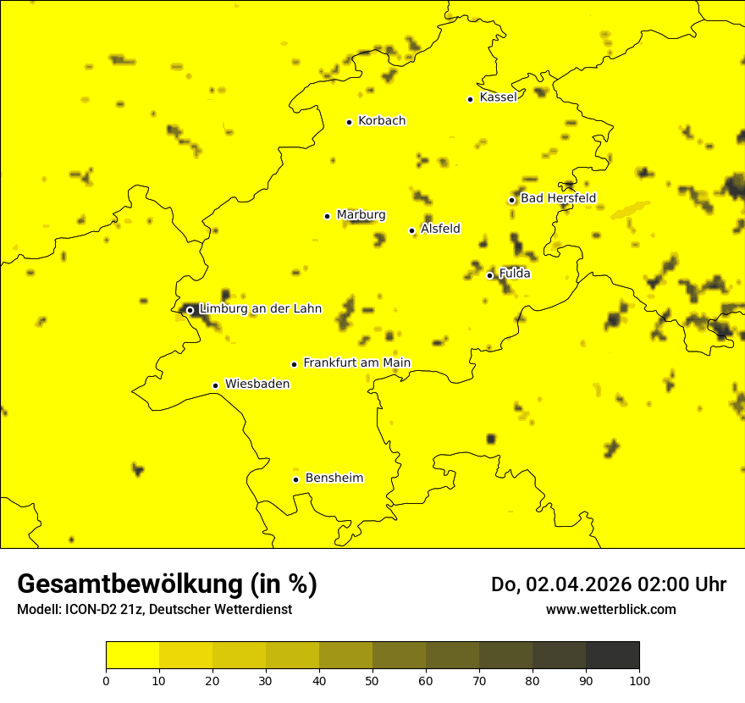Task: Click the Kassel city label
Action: point(498,97)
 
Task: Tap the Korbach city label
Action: point(382,120)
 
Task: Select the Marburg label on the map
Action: point(361,214)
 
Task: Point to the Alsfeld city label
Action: point(440,229)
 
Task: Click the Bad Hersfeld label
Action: point(558,198)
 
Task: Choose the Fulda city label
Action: point(515,274)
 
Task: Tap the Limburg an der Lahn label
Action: point(261,308)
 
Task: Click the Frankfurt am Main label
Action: point(356,363)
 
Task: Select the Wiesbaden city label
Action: point(257,384)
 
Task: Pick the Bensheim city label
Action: point(334,478)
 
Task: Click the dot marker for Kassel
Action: point(470,99)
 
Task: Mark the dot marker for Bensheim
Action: point(295,479)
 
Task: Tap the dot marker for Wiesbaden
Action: point(215,385)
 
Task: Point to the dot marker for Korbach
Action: point(349,122)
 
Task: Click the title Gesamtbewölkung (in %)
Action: point(167,584)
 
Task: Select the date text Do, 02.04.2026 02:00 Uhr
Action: point(608,584)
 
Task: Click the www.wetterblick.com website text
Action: point(610,609)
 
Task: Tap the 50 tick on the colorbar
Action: point(372,680)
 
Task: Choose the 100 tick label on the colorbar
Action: point(639,680)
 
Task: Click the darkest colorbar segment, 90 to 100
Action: point(612,656)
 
